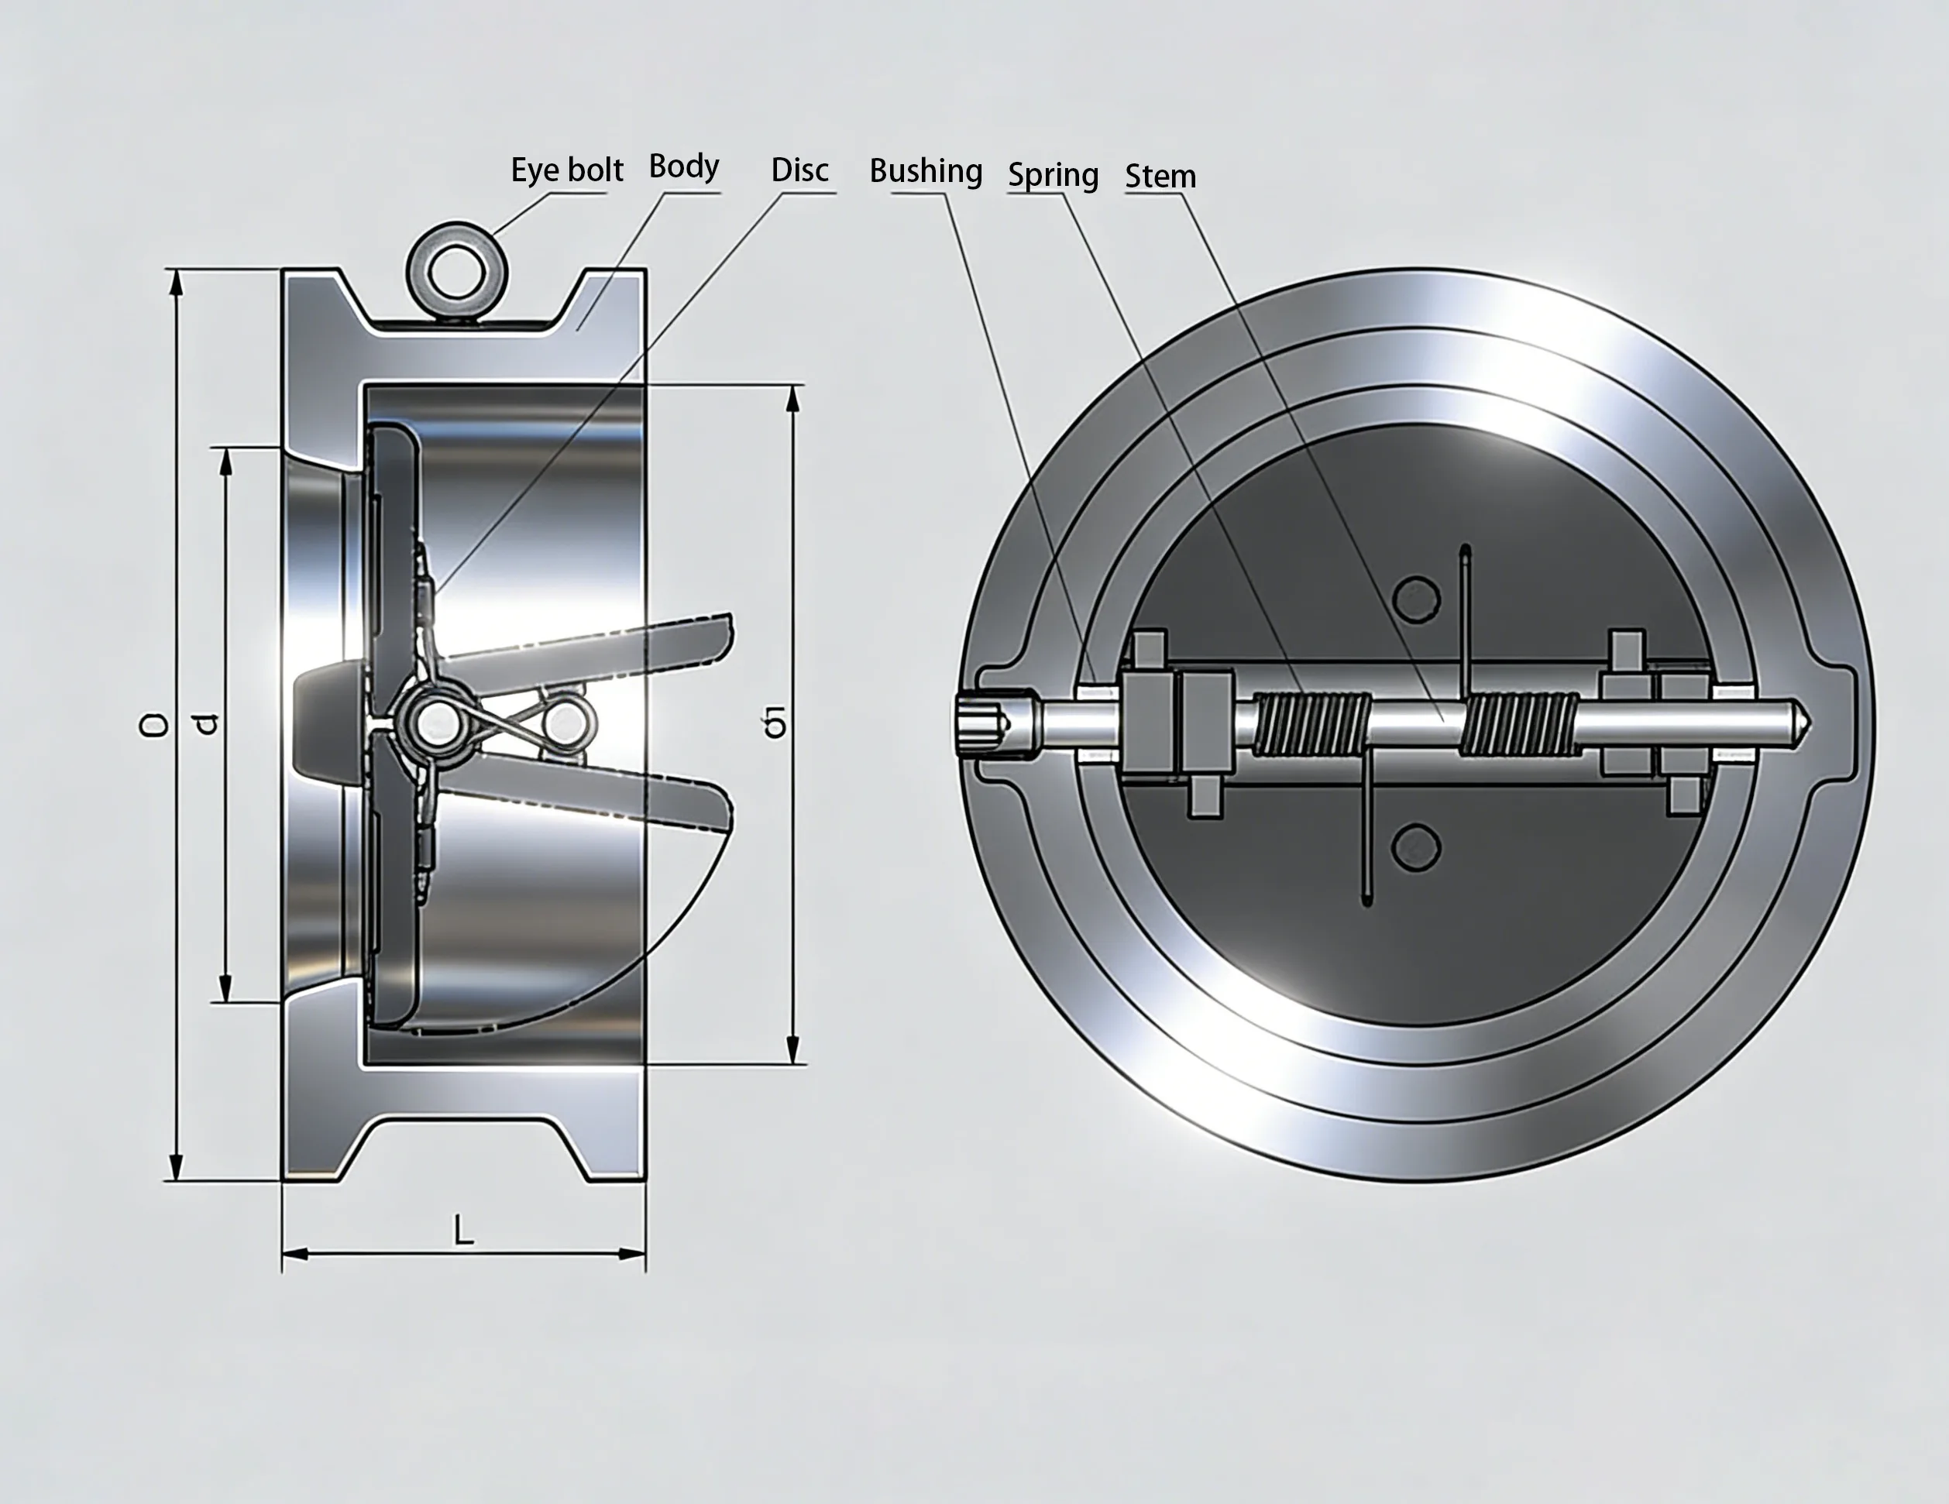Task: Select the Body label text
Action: (683, 166)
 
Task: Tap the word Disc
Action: (799, 170)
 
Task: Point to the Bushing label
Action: (926, 170)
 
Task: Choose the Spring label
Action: (1053, 175)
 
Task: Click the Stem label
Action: (1160, 176)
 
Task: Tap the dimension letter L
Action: (462, 1231)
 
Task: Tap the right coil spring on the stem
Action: (1520, 724)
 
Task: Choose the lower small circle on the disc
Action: (1416, 846)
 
